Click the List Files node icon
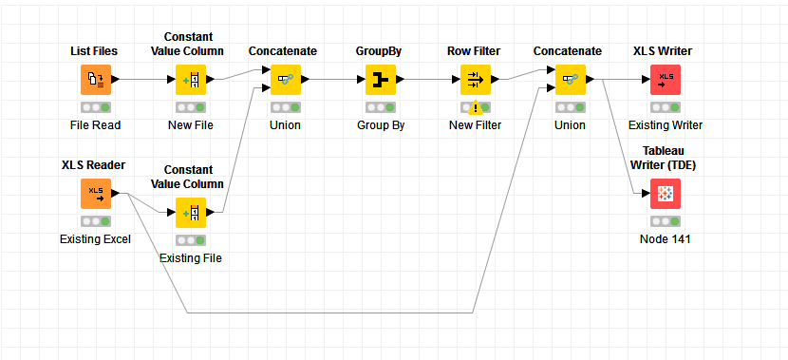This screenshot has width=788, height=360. [x=95, y=80]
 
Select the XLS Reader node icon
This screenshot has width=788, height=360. [x=95, y=194]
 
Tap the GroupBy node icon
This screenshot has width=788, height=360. [x=380, y=80]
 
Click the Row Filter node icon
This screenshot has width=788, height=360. [x=475, y=80]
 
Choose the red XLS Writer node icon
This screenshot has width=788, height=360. [x=665, y=80]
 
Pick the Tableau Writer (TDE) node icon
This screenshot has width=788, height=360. [x=665, y=194]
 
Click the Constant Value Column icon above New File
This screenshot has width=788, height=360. [x=190, y=80]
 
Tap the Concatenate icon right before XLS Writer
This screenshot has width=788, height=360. [x=570, y=80]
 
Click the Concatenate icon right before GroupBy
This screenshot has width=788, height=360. [x=285, y=80]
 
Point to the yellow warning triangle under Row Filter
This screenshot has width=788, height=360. [x=476, y=108]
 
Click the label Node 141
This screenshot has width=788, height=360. [x=665, y=239]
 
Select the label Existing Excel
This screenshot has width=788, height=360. [x=95, y=239]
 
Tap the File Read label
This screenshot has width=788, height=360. [x=95, y=125]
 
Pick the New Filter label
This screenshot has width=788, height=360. [x=475, y=125]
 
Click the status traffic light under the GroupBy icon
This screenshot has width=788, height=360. [x=380, y=107]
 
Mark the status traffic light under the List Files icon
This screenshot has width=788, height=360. [x=95, y=107]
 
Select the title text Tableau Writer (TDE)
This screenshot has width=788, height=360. [x=665, y=157]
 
